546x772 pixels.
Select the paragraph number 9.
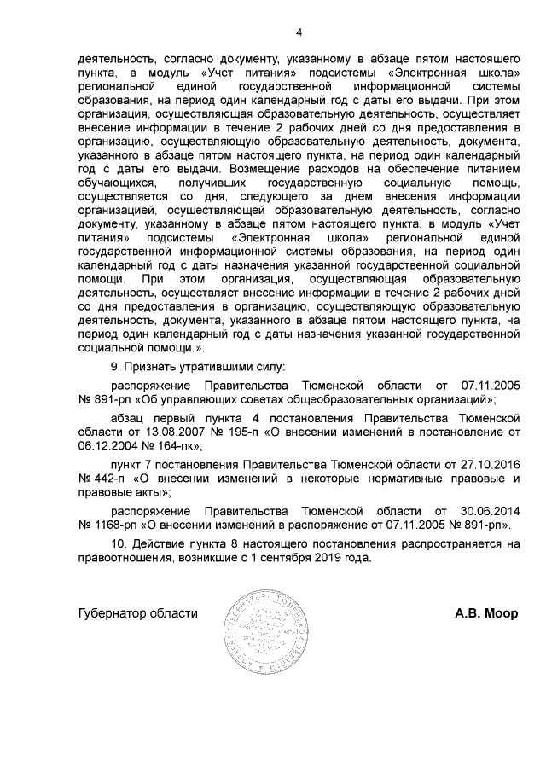(x=115, y=367)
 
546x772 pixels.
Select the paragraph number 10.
(x=119, y=543)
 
